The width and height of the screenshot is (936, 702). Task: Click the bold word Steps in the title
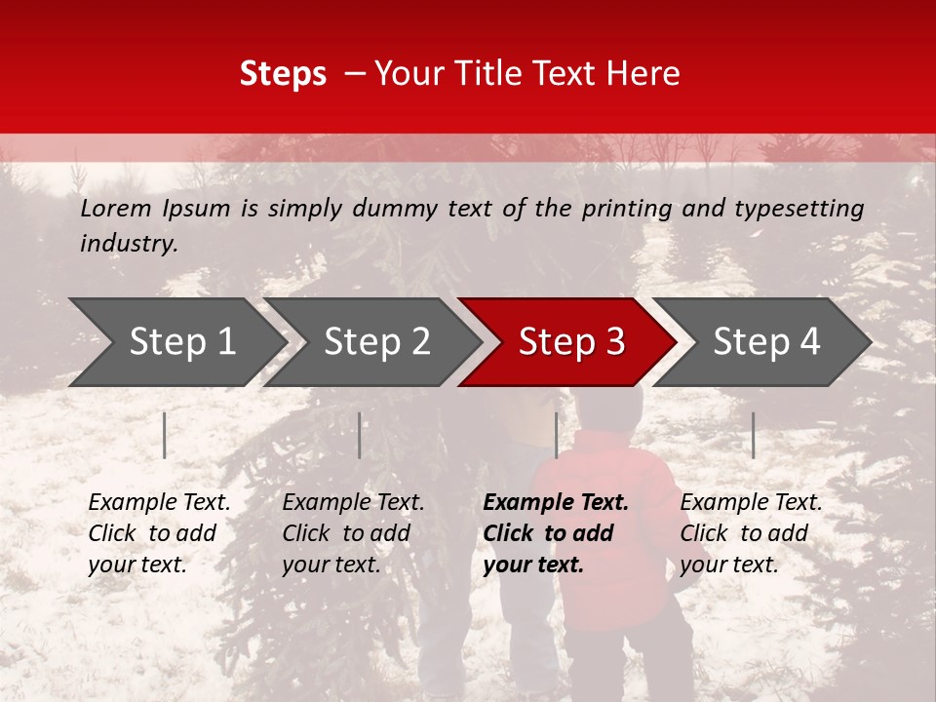pyautogui.click(x=283, y=73)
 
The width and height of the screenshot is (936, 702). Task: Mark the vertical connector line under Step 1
pyautogui.click(x=165, y=435)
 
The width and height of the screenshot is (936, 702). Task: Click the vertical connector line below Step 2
pyautogui.click(x=360, y=435)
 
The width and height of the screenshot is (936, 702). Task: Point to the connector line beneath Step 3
pyautogui.click(x=556, y=435)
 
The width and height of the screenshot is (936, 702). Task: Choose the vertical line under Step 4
pyautogui.click(x=753, y=435)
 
